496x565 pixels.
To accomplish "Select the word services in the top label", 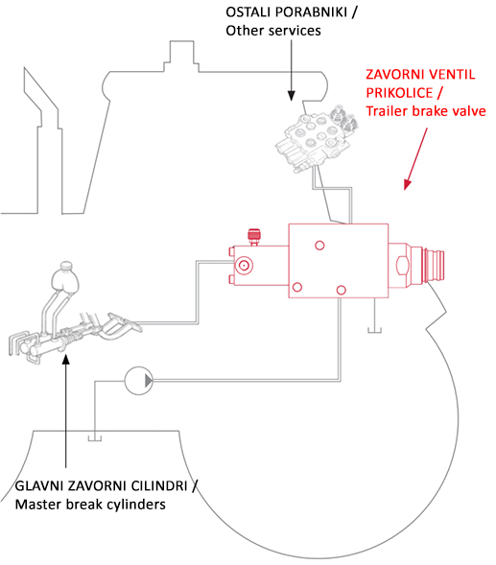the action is point(295,31).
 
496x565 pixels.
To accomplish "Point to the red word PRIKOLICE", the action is point(399,93).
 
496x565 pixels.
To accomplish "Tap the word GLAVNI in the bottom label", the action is point(39,486).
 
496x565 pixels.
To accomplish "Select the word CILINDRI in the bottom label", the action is point(159,486).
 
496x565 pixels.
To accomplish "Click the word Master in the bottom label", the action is point(36,505).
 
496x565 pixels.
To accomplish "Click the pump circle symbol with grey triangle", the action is point(139,381).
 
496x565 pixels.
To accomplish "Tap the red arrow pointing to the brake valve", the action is point(415,158).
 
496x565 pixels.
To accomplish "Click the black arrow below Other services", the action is point(292,70).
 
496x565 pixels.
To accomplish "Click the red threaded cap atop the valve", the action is point(254,237).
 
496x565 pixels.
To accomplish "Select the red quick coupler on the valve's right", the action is point(434,266).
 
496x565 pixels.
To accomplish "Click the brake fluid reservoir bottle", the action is point(65,276).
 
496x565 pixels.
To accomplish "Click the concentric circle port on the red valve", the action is point(244,266).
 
